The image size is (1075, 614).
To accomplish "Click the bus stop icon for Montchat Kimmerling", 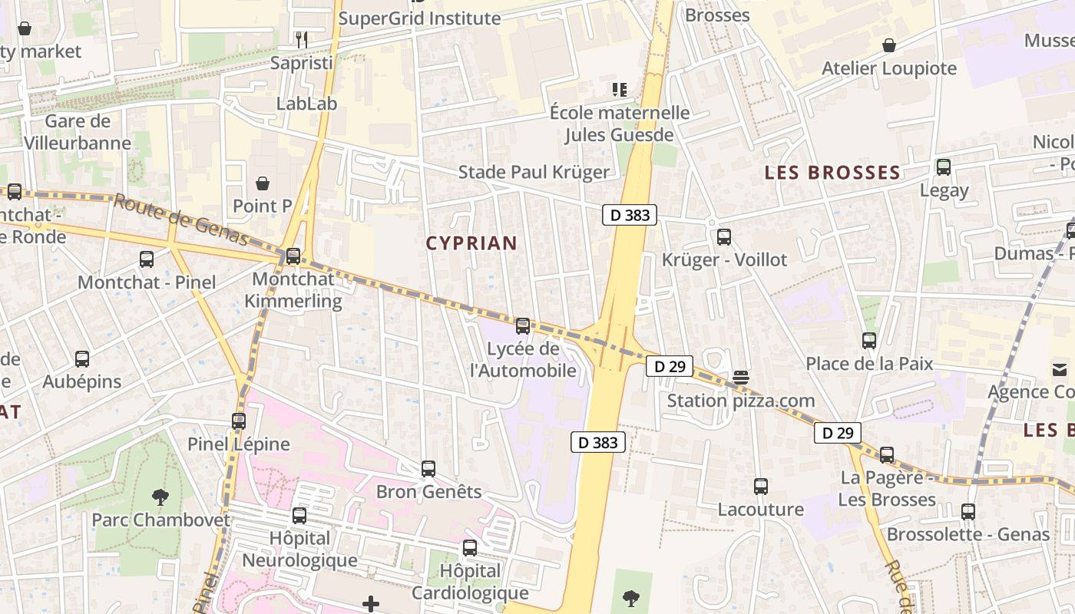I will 293,256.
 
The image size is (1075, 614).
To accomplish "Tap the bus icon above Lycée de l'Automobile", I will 523,326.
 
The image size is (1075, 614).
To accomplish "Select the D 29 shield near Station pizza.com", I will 670,366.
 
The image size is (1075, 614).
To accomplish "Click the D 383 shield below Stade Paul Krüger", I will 630,215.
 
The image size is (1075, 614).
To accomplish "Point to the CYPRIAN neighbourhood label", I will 471,243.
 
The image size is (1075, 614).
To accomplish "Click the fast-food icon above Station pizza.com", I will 741,377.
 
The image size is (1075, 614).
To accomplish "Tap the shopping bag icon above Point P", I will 263,183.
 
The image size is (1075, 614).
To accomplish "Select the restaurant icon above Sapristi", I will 302,39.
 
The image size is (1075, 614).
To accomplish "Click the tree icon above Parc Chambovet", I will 160,497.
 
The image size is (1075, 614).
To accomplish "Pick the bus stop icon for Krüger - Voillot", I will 724,237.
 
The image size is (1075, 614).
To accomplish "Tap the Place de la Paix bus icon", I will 869,341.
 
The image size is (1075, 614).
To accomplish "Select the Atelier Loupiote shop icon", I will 889,45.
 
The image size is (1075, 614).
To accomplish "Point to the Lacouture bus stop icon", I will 761,487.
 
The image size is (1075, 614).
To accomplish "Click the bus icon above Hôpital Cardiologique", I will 470,549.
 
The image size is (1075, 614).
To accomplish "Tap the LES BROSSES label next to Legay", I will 832,173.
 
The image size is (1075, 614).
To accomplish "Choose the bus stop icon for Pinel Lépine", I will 239,421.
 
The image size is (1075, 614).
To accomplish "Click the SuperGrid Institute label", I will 419,18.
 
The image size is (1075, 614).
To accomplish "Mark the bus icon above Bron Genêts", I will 428,469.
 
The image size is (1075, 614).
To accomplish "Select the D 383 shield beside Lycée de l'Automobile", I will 597,442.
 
